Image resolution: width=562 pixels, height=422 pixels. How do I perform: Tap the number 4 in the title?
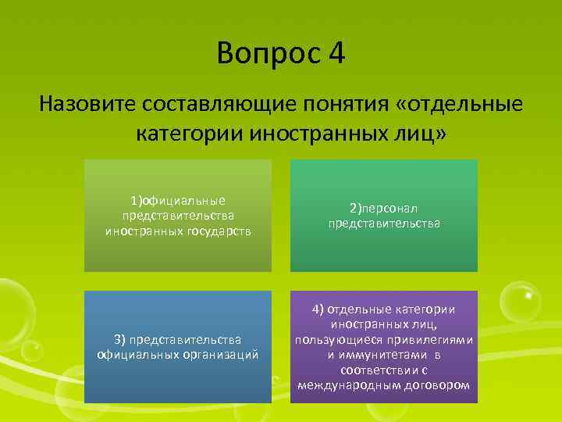[x=336, y=55]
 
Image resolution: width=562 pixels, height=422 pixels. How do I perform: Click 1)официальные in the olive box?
[x=179, y=201]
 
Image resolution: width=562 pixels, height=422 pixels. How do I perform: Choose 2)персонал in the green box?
[x=384, y=209]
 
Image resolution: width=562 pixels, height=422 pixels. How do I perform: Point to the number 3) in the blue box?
[x=120, y=339]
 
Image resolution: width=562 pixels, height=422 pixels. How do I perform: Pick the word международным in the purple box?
[x=343, y=384]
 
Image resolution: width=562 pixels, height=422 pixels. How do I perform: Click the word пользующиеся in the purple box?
[x=336, y=340]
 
